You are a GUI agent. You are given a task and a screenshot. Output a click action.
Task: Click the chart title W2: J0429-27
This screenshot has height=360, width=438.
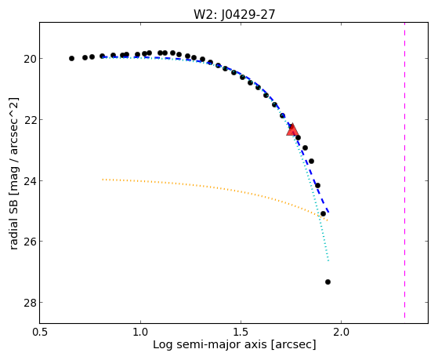click(x=234, y=14)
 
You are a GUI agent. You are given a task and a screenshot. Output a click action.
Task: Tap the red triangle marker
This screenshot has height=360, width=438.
click(x=292, y=129)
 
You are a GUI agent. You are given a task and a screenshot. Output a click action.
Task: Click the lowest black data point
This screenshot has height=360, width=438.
click(x=328, y=282)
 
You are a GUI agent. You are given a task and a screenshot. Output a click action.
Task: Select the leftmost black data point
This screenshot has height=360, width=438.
click(x=71, y=59)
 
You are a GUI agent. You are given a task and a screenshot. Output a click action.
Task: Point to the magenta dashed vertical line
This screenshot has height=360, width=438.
click(x=404, y=170)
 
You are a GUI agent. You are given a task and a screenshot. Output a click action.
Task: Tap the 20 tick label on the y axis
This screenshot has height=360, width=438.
click(x=30, y=59)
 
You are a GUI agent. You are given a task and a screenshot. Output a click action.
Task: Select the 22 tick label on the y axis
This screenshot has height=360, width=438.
click(x=30, y=120)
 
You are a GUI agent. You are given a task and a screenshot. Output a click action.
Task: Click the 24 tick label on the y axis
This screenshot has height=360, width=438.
click(x=30, y=180)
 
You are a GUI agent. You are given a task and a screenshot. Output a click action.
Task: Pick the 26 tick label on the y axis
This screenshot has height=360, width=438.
click(x=30, y=242)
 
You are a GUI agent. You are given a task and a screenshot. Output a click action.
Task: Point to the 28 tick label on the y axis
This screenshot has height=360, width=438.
click(x=30, y=303)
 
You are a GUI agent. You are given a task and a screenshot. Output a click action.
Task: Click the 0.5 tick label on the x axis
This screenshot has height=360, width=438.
click(x=41, y=332)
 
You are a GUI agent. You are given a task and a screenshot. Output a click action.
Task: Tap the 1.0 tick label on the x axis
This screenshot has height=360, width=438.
click(x=141, y=332)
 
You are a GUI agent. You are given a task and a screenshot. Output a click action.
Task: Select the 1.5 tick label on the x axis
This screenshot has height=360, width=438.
click(x=241, y=332)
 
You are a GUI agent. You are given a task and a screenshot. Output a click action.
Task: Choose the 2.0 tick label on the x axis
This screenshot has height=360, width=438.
click(x=341, y=332)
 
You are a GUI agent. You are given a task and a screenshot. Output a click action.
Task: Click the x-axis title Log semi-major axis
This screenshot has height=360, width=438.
click(x=210, y=345)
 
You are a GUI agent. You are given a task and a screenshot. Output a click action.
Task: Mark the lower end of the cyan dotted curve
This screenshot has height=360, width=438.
click(x=328, y=260)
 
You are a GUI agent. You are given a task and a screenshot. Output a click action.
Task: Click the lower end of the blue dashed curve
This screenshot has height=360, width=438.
click(x=329, y=213)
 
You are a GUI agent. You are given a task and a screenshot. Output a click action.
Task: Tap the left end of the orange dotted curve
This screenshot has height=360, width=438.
click(x=103, y=180)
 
